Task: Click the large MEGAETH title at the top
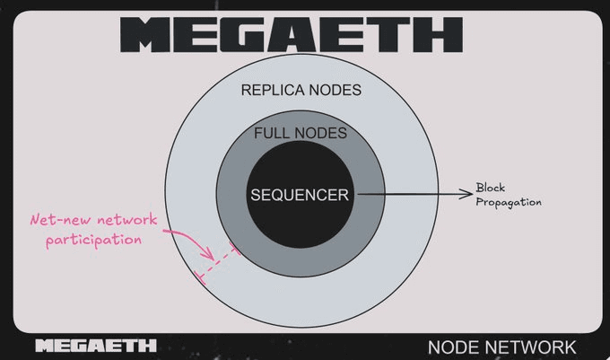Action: tap(291, 35)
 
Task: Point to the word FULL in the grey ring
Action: tap(273, 134)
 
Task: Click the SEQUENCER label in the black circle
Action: tap(299, 194)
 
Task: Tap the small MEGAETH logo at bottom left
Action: tap(95, 346)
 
